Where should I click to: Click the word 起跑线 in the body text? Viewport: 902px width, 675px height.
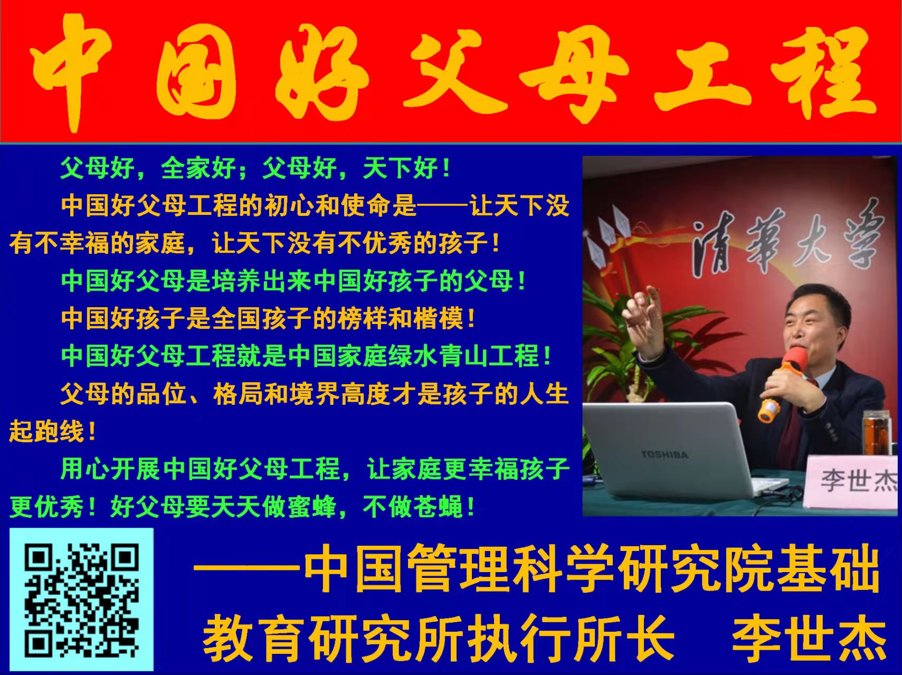(x=46, y=431)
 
